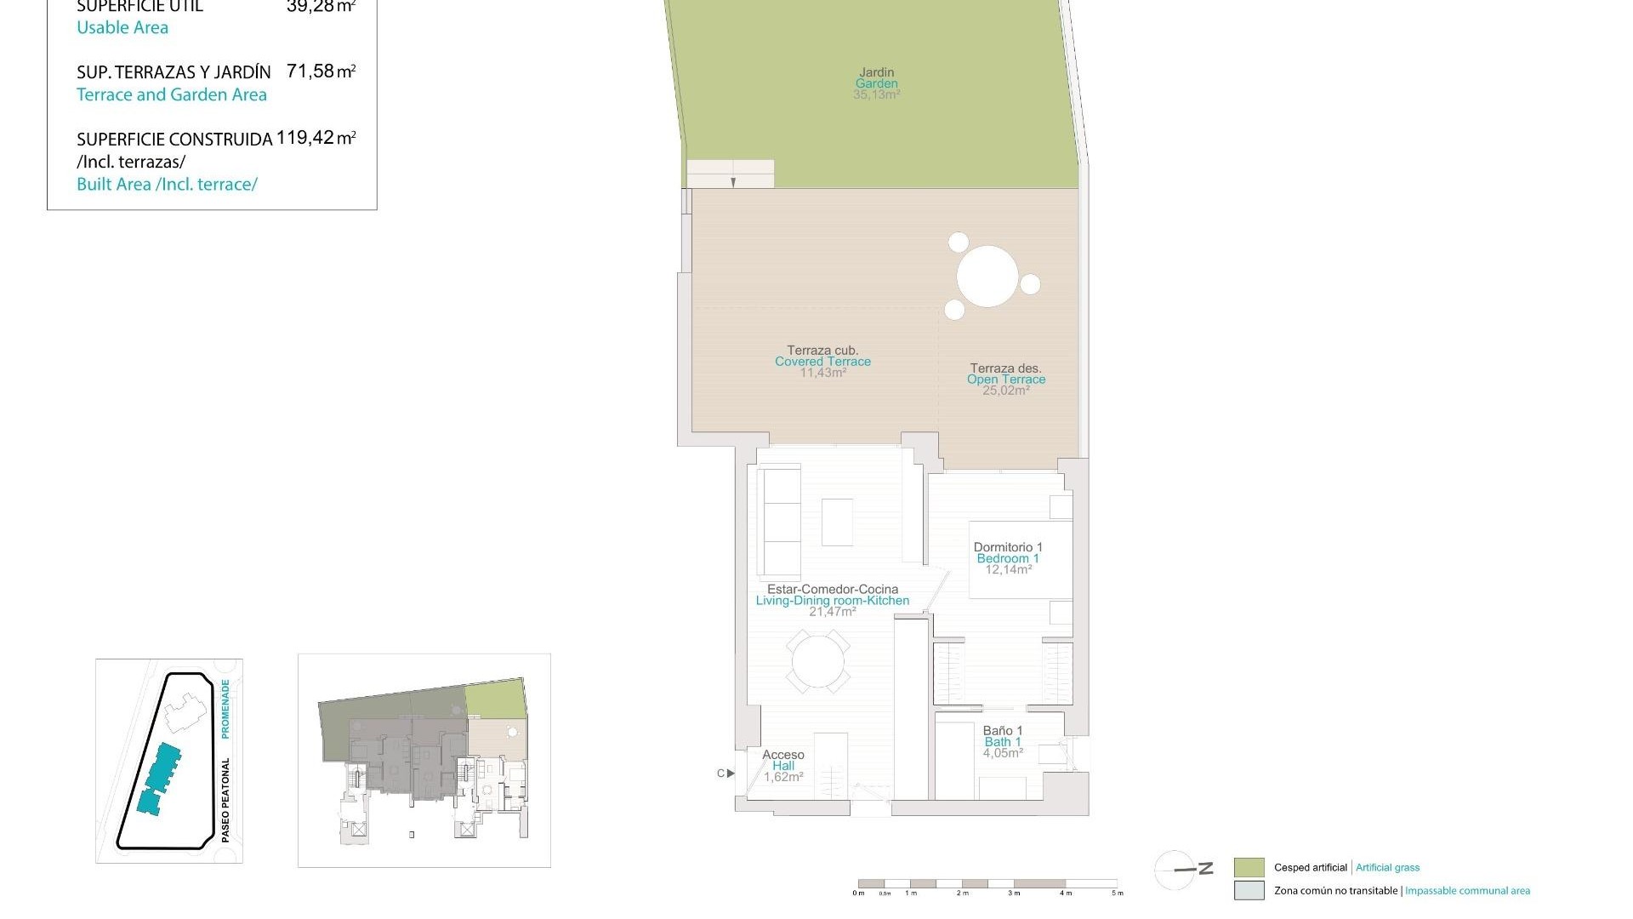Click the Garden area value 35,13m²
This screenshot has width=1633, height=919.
pos(876,95)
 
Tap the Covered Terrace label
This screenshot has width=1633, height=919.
pos(822,362)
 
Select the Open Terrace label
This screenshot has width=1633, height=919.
pos(1006,380)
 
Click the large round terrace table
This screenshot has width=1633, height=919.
pos(987,277)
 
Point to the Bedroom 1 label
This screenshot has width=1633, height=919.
pos(1008,559)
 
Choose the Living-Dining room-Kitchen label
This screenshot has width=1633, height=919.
pos(832,601)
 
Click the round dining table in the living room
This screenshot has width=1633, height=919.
pos(818,661)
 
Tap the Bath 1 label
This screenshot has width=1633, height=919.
pos(1003,742)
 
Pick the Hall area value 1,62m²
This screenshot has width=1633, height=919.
pos(783,777)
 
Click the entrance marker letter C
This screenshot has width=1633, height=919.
pos(721,773)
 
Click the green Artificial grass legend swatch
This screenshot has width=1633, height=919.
pos(1249,868)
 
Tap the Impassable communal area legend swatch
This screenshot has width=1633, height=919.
pos(1249,891)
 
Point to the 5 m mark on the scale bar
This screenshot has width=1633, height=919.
pos(1117,893)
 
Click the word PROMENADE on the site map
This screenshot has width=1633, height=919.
pos(225,708)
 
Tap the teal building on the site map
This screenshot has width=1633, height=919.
pos(159,777)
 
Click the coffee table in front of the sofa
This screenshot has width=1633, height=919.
pos(837,522)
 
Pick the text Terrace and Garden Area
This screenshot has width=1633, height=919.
pos(172,94)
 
